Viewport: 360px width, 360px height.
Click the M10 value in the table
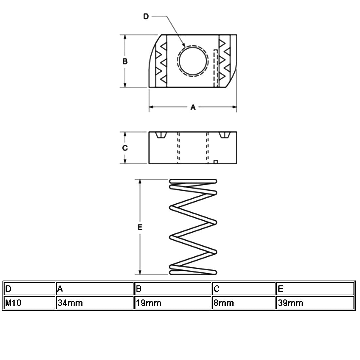[13, 303]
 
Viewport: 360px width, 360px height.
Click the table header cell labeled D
[29, 289]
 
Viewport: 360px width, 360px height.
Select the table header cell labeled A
[95, 289]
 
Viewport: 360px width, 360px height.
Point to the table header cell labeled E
[315, 289]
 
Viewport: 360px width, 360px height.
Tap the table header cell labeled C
[243, 289]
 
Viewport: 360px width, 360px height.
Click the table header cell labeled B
[172, 289]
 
